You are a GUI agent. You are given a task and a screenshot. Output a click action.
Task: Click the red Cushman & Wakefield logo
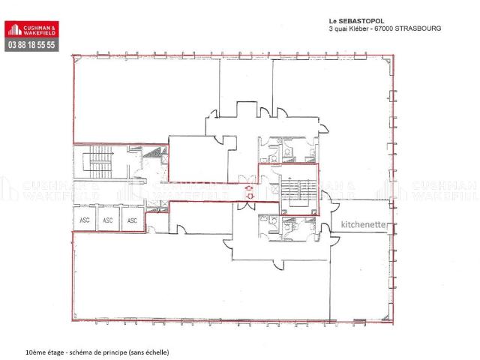(31, 29)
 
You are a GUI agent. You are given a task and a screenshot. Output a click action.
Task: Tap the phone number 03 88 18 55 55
(31, 45)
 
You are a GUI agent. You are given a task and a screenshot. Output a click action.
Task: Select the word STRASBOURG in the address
(418, 28)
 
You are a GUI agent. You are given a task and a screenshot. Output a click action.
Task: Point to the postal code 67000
(384, 28)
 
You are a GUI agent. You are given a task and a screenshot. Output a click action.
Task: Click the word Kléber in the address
(359, 28)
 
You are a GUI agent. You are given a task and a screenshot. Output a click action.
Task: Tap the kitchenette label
(363, 224)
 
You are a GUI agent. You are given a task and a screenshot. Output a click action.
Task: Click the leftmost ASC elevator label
(85, 220)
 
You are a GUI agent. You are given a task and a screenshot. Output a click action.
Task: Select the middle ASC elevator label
(108, 220)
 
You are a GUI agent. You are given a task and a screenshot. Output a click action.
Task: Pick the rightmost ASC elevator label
(132, 220)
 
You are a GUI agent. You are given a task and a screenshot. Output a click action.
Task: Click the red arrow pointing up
(250, 188)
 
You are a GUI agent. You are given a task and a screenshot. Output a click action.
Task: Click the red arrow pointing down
(250, 196)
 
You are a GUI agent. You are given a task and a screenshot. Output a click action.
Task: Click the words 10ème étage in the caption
(45, 352)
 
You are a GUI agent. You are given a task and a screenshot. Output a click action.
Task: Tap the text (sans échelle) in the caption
(148, 352)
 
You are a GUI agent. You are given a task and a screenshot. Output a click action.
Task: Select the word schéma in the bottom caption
(80, 352)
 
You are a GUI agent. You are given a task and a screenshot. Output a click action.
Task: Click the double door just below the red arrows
(246, 205)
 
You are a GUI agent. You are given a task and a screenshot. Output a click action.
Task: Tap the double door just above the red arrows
(247, 179)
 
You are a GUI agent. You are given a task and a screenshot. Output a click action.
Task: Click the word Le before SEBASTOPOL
(332, 21)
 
